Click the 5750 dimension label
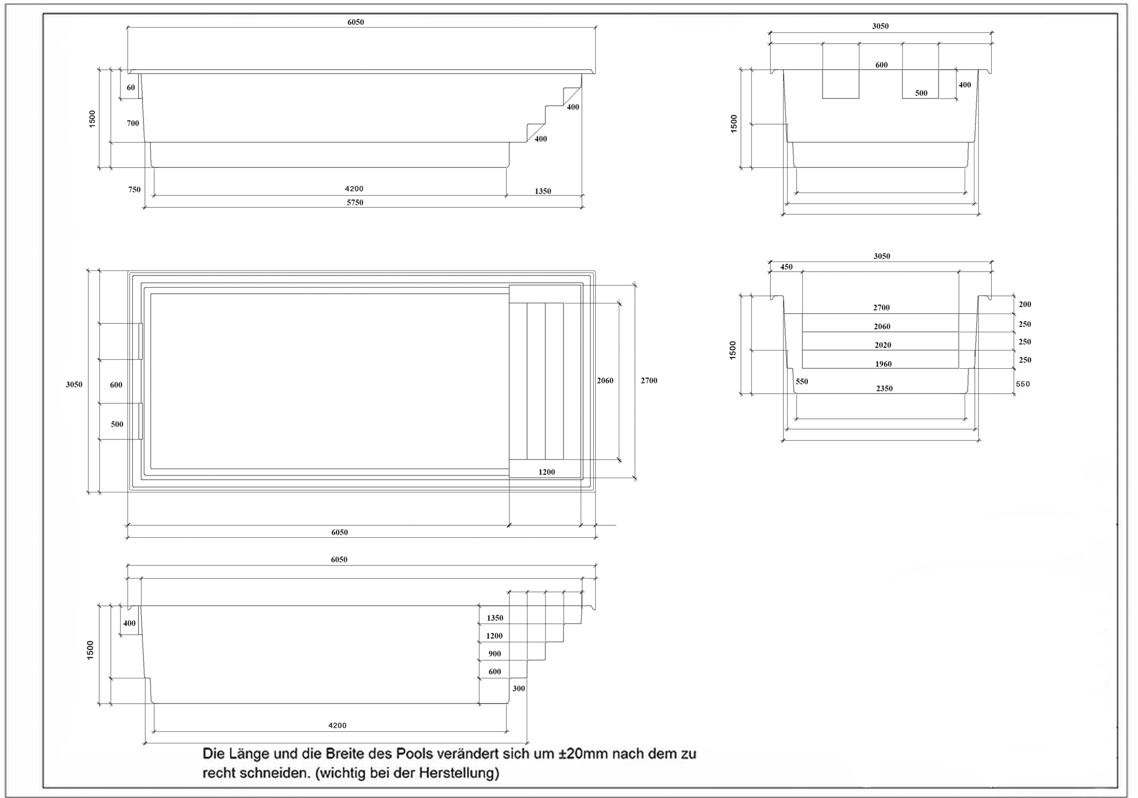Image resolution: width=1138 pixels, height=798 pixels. (355, 202)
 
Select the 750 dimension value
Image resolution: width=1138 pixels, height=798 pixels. (134, 189)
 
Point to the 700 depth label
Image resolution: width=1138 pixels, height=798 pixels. (133, 123)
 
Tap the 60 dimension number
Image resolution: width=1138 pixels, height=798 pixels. (130, 87)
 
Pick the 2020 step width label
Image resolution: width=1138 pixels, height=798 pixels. (883, 345)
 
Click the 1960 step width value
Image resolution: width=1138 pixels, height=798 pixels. (883, 364)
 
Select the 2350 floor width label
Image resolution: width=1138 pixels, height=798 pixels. (884, 388)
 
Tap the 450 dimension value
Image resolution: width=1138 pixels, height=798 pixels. (786, 267)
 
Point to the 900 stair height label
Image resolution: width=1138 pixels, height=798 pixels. (495, 654)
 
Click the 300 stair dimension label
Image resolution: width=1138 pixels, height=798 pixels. (518, 689)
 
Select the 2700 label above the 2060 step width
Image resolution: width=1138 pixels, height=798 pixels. (881, 307)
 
